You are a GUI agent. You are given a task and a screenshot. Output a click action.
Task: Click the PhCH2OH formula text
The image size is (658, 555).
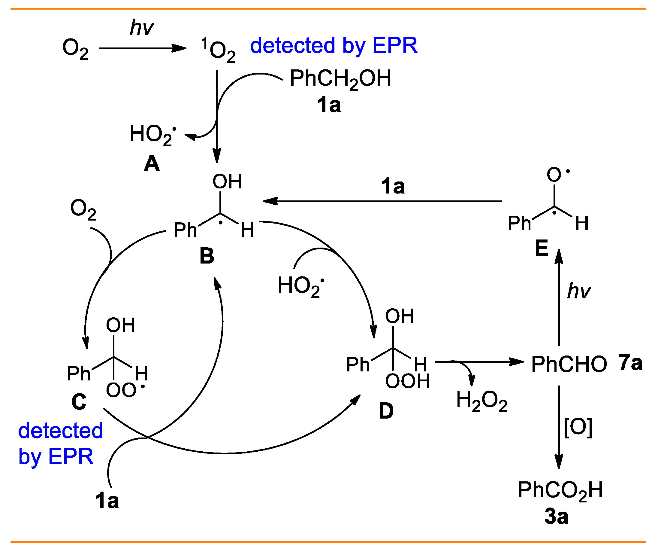(x=340, y=79)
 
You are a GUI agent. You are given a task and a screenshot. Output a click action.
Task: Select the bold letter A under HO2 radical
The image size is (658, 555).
(x=152, y=164)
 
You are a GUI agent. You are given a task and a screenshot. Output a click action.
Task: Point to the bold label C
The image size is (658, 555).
(x=79, y=402)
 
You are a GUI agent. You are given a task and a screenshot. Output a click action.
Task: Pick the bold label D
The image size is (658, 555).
(x=386, y=411)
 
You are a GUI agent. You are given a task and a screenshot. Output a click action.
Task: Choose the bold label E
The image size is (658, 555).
(x=542, y=248)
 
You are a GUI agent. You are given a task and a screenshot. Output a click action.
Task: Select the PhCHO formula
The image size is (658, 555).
(x=569, y=364)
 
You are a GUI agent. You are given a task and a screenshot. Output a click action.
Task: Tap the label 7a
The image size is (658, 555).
(x=630, y=363)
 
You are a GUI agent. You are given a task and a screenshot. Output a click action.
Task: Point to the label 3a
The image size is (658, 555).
(x=557, y=517)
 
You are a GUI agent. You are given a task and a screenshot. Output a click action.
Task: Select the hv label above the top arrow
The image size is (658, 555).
(x=142, y=28)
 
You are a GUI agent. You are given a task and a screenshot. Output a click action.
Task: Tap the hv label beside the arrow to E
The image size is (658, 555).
(x=579, y=291)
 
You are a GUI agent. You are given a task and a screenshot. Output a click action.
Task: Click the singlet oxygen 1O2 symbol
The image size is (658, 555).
(x=219, y=50)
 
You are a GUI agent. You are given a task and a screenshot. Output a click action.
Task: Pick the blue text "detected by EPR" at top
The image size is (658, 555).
(x=334, y=46)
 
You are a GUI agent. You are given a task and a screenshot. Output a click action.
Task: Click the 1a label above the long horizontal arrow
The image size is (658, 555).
(x=393, y=186)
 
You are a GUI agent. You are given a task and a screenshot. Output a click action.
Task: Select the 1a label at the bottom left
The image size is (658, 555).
(x=107, y=501)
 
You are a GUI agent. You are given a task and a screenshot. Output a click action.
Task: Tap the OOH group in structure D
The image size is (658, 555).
(x=408, y=381)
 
